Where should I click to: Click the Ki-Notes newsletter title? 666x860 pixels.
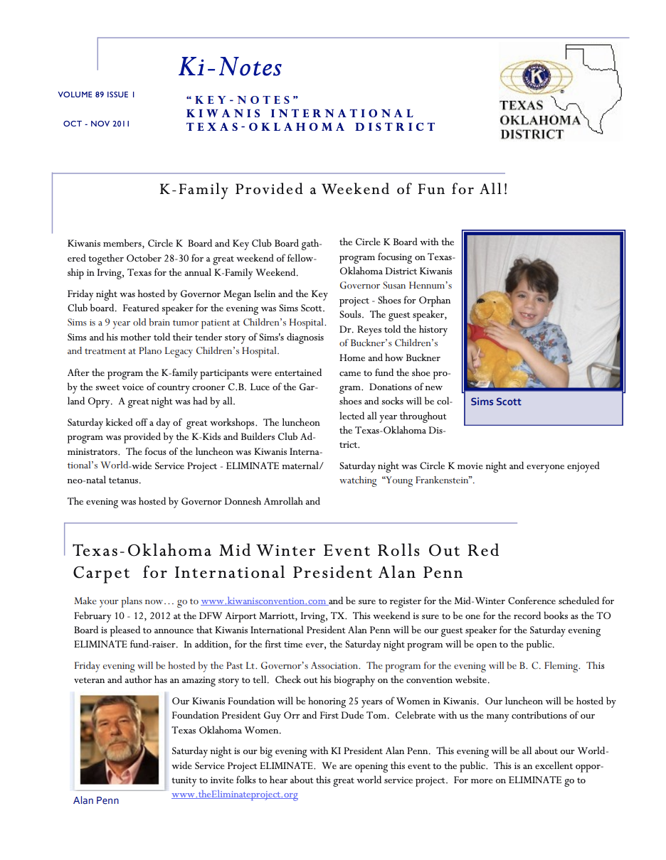[x=230, y=68]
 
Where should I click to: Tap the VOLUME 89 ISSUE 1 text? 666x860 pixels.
[x=97, y=95]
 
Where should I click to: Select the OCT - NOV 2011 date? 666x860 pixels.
[x=97, y=124]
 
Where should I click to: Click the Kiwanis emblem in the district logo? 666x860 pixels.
[x=536, y=76]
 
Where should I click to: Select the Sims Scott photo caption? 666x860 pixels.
[x=496, y=402]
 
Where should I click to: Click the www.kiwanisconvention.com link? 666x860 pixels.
[x=263, y=601]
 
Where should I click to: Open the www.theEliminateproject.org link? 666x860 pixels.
[x=235, y=795]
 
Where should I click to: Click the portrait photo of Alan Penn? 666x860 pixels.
[x=119, y=739]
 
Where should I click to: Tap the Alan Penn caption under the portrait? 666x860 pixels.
[x=96, y=800]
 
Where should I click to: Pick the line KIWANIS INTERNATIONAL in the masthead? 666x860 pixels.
[x=300, y=114]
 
